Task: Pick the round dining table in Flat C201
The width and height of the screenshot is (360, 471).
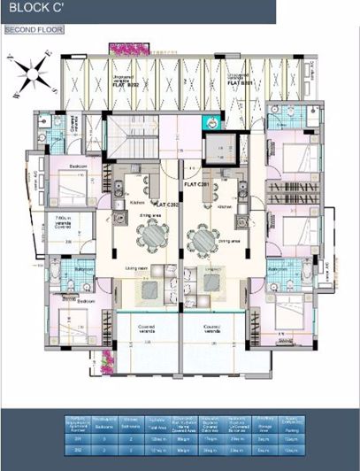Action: coord(203,237)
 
